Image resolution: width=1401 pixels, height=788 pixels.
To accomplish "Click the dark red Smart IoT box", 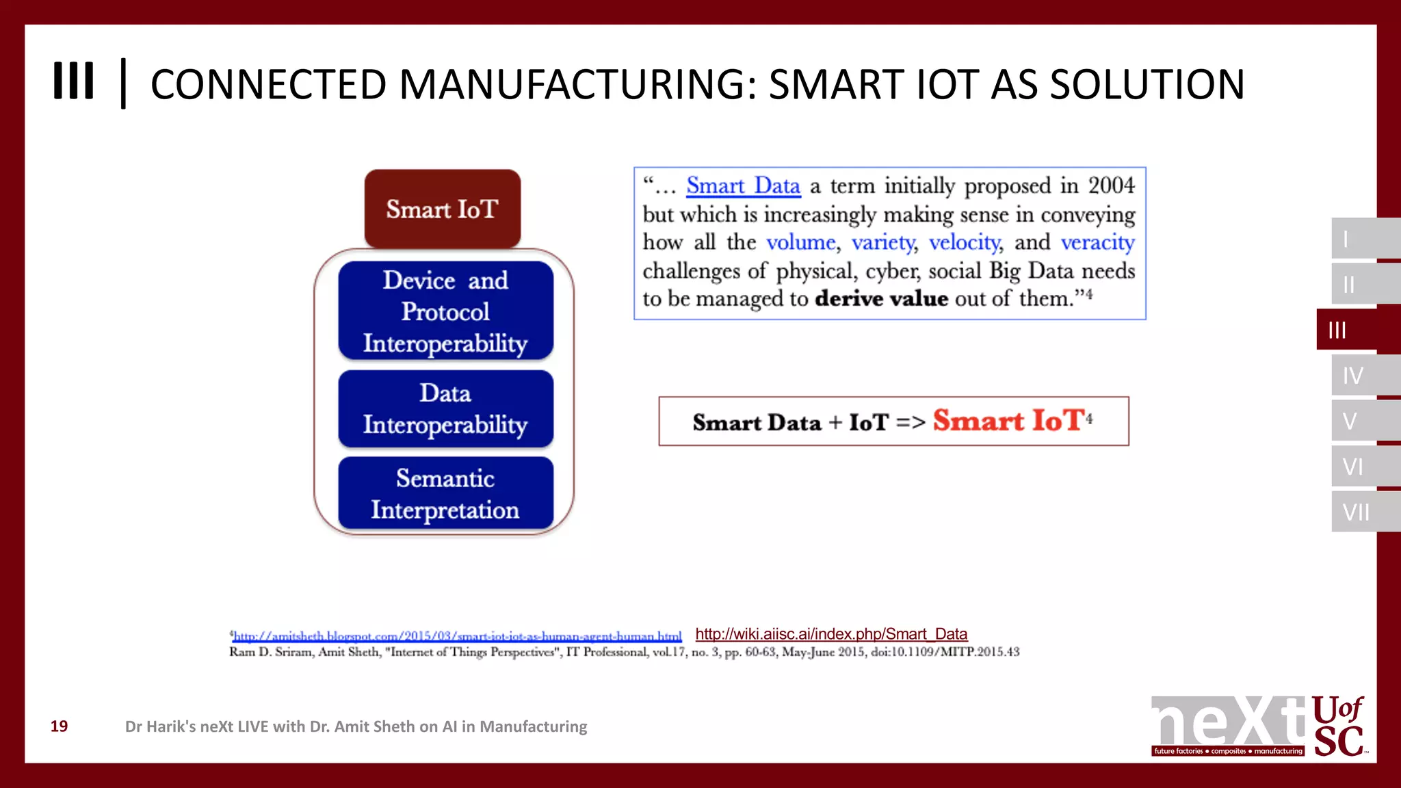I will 443,209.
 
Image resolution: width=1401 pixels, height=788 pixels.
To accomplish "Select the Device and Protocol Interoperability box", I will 445,311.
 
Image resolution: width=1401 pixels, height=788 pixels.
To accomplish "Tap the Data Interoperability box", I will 445,409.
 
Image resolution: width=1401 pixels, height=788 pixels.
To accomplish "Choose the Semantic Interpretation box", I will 445,494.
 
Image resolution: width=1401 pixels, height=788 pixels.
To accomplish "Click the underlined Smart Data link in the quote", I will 743,186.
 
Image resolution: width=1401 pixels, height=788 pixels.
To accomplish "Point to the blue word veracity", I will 1097,242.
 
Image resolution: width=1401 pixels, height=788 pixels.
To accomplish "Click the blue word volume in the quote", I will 801,242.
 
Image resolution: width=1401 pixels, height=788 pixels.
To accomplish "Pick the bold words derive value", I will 881,299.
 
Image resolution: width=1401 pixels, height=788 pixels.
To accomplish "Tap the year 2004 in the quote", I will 1111,185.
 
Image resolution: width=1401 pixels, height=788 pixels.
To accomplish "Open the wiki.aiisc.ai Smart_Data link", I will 831,634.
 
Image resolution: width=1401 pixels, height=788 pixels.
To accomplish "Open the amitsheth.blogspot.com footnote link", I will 457,636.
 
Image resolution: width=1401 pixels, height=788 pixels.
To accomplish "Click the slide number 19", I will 60,726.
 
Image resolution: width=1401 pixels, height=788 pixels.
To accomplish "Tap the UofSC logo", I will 1338,726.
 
